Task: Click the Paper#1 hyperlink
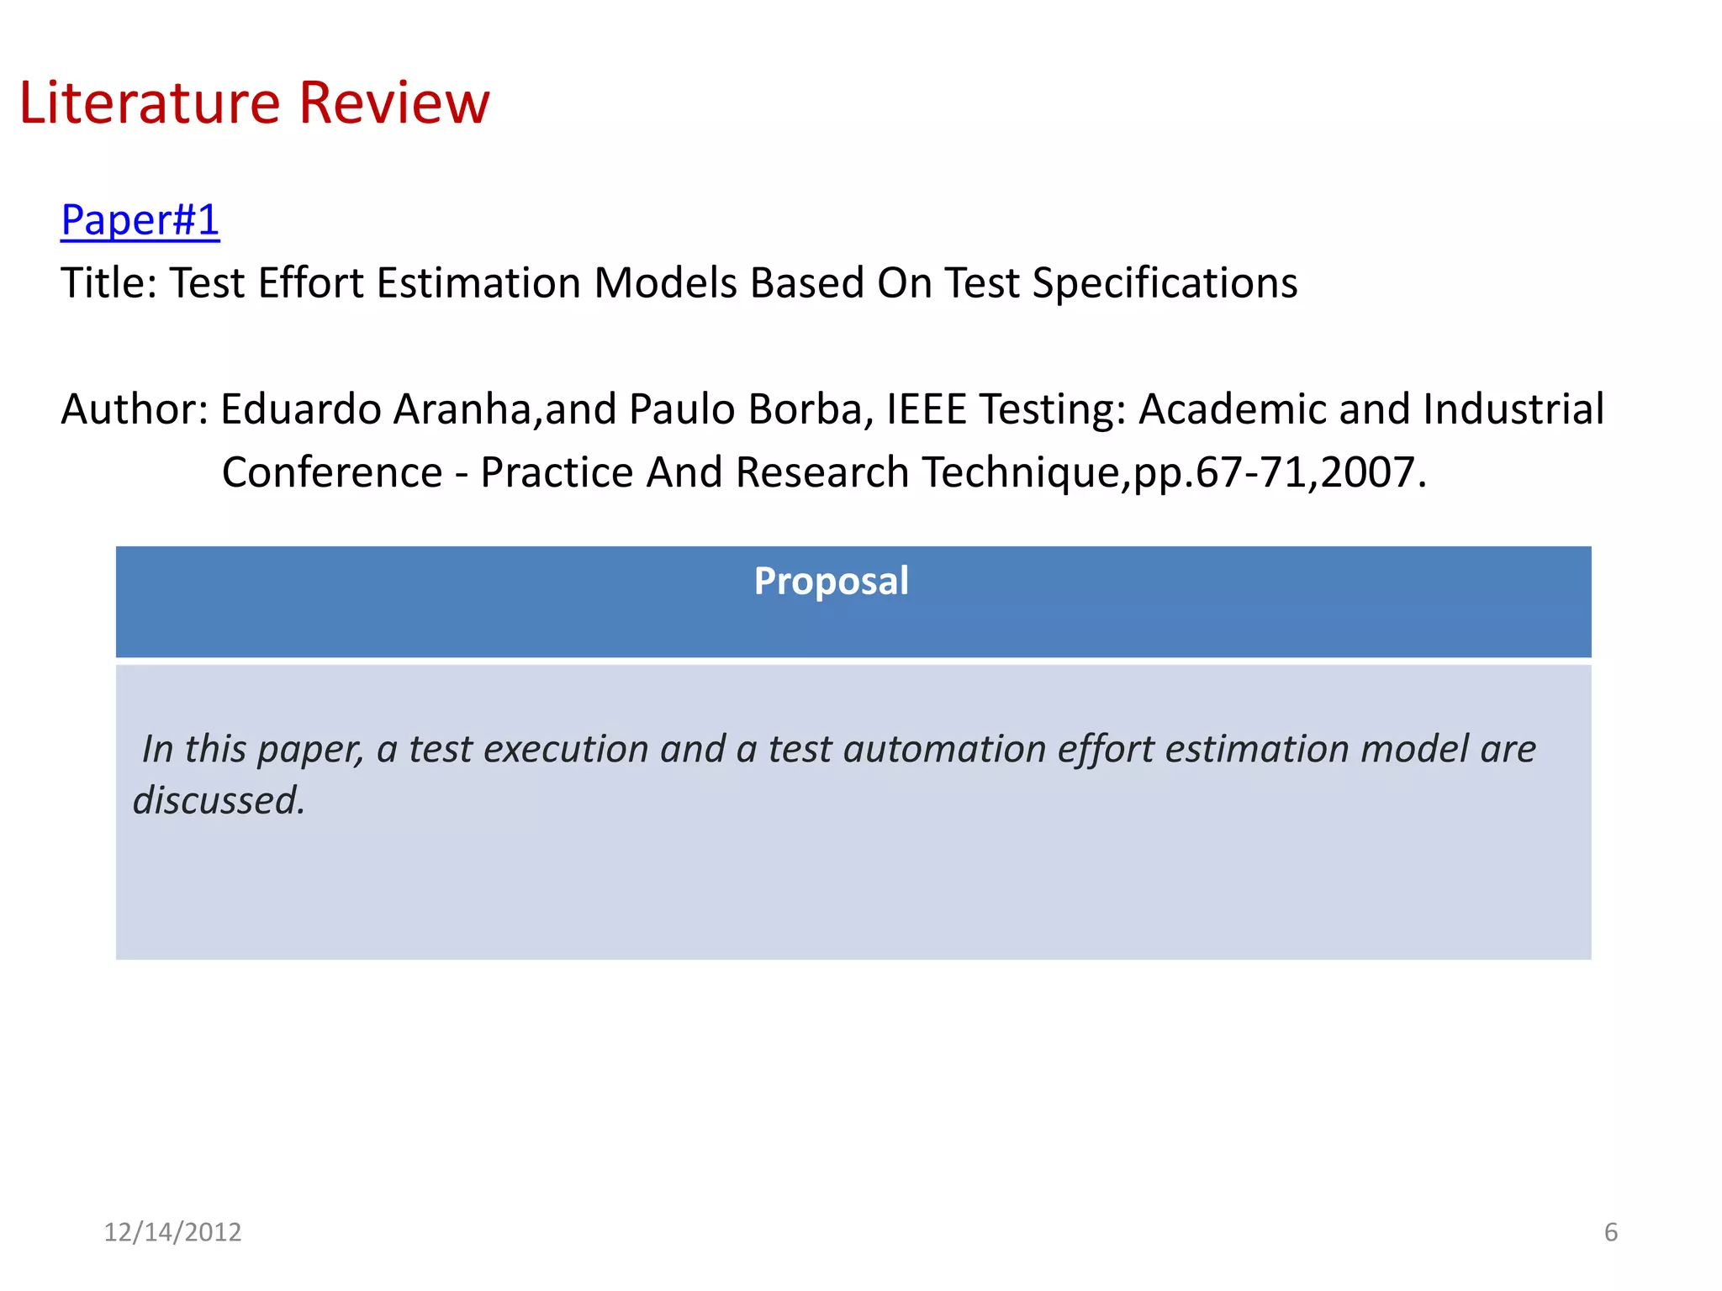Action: point(140,220)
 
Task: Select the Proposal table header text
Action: point(831,581)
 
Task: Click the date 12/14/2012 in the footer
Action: point(172,1232)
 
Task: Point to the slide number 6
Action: point(1610,1232)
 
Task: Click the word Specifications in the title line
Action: point(1165,284)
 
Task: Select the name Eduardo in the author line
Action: point(300,409)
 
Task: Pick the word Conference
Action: point(332,472)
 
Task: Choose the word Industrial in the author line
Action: point(1513,409)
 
